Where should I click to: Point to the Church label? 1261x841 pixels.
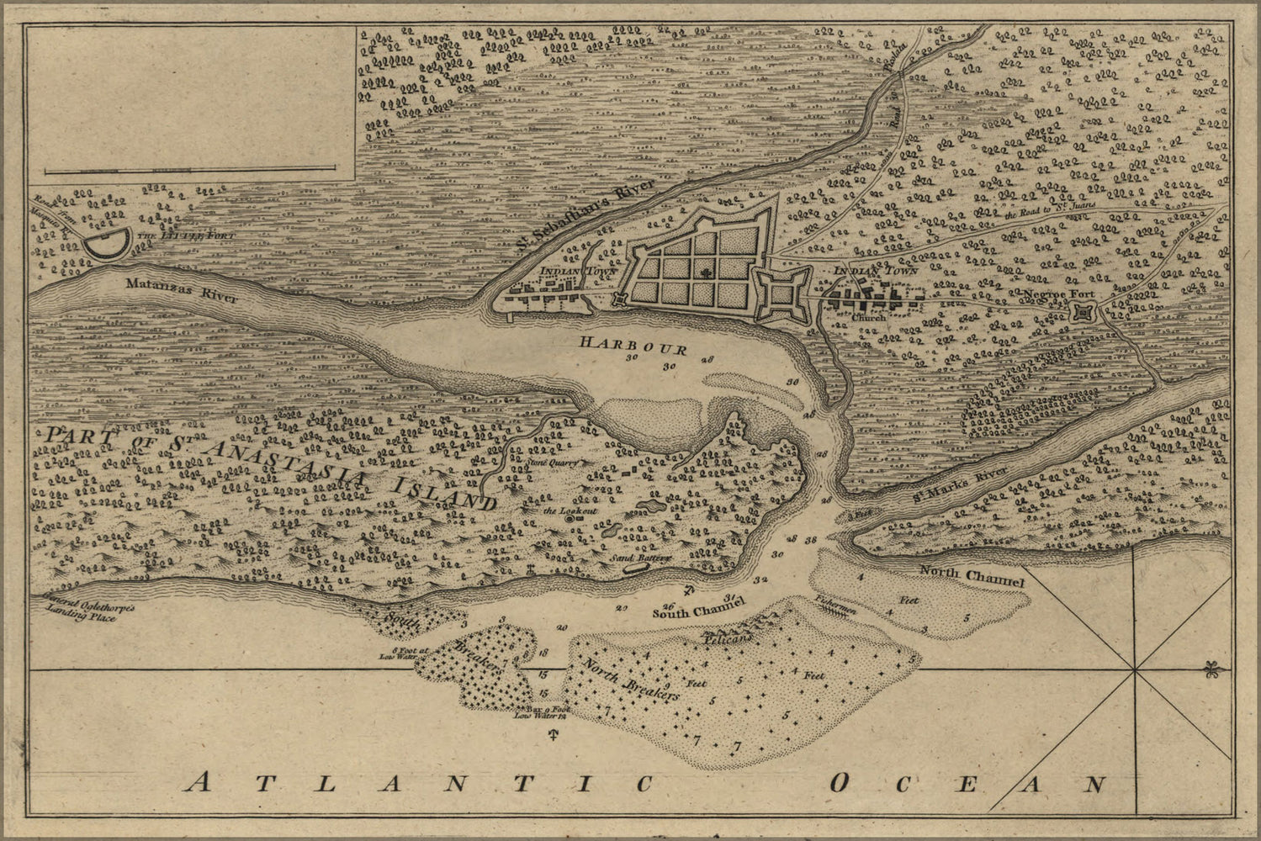pos(863,319)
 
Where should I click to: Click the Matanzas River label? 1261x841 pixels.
pos(182,290)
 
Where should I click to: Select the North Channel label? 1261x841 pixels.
pos(971,576)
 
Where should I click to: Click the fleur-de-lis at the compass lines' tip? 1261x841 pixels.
pos(1211,669)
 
